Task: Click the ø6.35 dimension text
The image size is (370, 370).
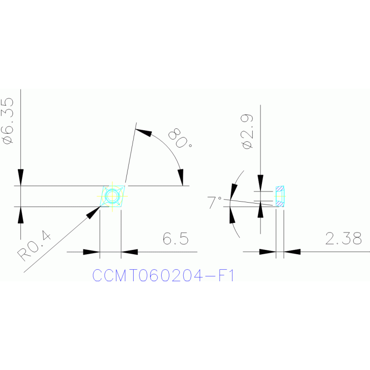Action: tap(7, 120)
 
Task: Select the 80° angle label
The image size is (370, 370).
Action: tap(180, 138)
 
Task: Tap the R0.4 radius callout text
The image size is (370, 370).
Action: tap(34, 247)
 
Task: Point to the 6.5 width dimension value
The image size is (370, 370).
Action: tap(176, 238)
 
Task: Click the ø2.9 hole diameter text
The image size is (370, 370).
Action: tap(247, 131)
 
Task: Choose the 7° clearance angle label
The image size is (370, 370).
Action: tap(214, 202)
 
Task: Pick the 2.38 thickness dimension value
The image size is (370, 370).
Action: tap(343, 238)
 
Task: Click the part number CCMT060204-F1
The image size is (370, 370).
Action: tap(163, 275)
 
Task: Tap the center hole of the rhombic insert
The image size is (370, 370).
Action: tap(112, 196)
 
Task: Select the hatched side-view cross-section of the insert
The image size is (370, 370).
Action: tap(280, 196)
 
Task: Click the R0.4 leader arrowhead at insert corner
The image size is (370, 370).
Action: tap(94, 212)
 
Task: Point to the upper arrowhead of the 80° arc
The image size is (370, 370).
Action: tap(144, 132)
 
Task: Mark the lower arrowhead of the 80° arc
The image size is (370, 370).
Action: tap(181, 177)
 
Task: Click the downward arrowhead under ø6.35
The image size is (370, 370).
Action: tap(21, 178)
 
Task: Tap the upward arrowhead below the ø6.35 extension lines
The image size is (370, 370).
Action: tap(21, 215)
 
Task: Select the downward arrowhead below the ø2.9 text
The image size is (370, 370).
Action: tap(260, 183)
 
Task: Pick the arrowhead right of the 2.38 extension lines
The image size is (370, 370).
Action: tap(292, 252)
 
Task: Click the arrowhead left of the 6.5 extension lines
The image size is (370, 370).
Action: tap(91, 252)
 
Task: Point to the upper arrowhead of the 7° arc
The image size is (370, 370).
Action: tap(233, 192)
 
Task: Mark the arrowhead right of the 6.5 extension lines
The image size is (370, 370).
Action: tap(129, 252)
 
